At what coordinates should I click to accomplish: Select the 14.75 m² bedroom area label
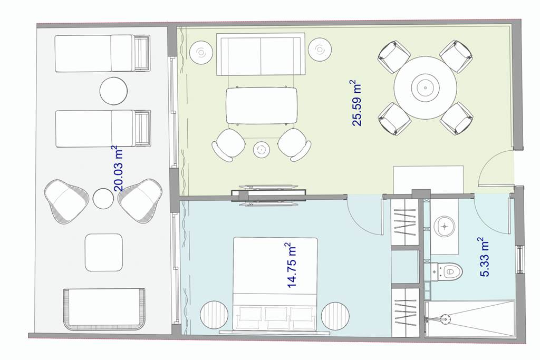pyautogui.click(x=291, y=265)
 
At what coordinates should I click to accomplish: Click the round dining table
pyautogui.click(x=426, y=88)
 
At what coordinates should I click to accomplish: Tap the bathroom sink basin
pyautogui.click(x=445, y=227)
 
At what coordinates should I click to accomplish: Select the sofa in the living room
pyautogui.click(x=261, y=54)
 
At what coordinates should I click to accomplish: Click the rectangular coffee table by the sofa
pyautogui.click(x=262, y=105)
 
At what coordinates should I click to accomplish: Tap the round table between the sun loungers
pyautogui.click(x=114, y=91)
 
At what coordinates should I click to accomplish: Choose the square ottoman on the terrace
pyautogui.click(x=104, y=252)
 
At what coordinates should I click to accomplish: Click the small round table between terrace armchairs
pyautogui.click(x=103, y=199)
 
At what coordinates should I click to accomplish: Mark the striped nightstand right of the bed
pyautogui.click(x=335, y=316)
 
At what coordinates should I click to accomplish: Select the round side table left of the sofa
pyautogui.click(x=201, y=52)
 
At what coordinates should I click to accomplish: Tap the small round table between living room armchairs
pyautogui.click(x=262, y=149)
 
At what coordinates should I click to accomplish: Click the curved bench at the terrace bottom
pyautogui.click(x=104, y=309)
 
